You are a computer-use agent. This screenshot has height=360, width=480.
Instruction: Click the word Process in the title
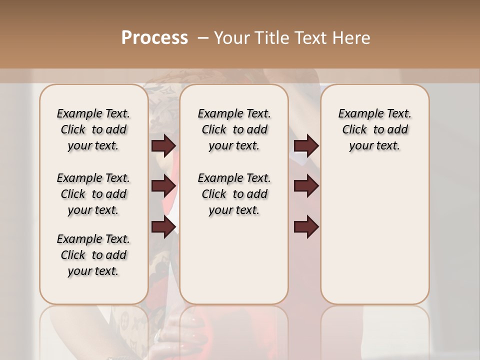(154, 38)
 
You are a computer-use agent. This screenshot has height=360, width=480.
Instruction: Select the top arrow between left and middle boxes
(163, 146)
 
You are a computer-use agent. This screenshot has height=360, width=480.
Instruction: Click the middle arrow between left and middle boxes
(163, 186)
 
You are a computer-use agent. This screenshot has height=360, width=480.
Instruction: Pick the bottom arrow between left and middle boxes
(163, 227)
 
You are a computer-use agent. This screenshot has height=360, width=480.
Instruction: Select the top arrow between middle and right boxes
(306, 146)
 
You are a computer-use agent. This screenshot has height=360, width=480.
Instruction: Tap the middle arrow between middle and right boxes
(306, 186)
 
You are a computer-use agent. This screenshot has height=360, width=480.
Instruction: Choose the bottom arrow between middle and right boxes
(306, 227)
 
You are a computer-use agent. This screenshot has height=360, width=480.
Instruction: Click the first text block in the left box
(93, 129)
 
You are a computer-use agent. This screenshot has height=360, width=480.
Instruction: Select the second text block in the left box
(93, 194)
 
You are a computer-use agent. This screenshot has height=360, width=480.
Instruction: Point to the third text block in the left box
(93, 255)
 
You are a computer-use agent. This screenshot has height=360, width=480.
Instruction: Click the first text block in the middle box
(234, 129)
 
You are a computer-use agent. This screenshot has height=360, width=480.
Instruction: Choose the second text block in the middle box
(234, 194)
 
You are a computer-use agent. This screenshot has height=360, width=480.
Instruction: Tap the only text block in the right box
(374, 129)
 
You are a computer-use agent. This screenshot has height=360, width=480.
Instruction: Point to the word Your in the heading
(230, 38)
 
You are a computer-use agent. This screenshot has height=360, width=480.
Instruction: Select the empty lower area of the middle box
(234, 260)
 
